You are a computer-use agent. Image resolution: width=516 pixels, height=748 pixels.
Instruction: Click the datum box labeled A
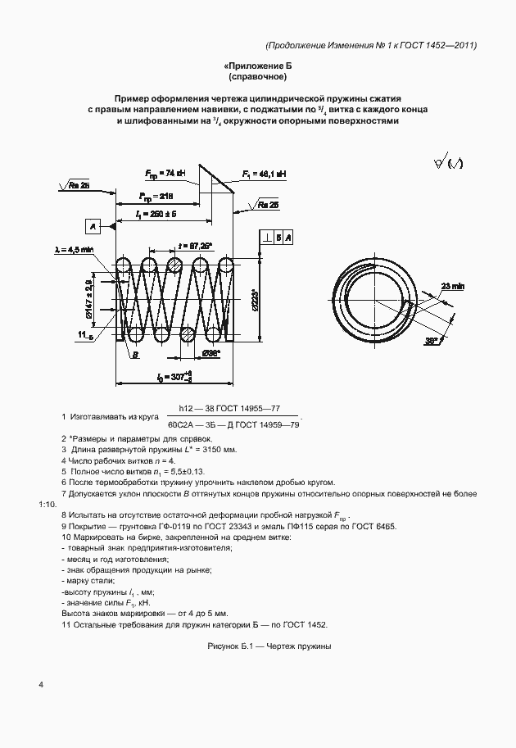point(93,225)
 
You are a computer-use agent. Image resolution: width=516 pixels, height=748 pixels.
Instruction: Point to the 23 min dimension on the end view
point(451,286)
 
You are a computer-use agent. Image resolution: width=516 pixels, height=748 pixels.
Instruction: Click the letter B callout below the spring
point(135,354)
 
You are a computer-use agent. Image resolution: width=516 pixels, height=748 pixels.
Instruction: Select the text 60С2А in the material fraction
point(183,424)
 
